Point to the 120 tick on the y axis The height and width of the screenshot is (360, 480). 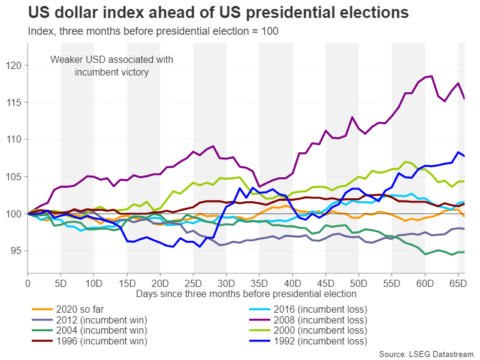tap(19, 65)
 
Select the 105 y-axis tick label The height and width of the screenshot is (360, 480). tap(19, 177)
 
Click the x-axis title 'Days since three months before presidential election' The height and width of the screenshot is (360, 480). tap(246, 294)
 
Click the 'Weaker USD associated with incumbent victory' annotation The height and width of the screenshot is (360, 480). tap(111, 66)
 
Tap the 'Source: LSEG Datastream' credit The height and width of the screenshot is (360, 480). tap(427, 354)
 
